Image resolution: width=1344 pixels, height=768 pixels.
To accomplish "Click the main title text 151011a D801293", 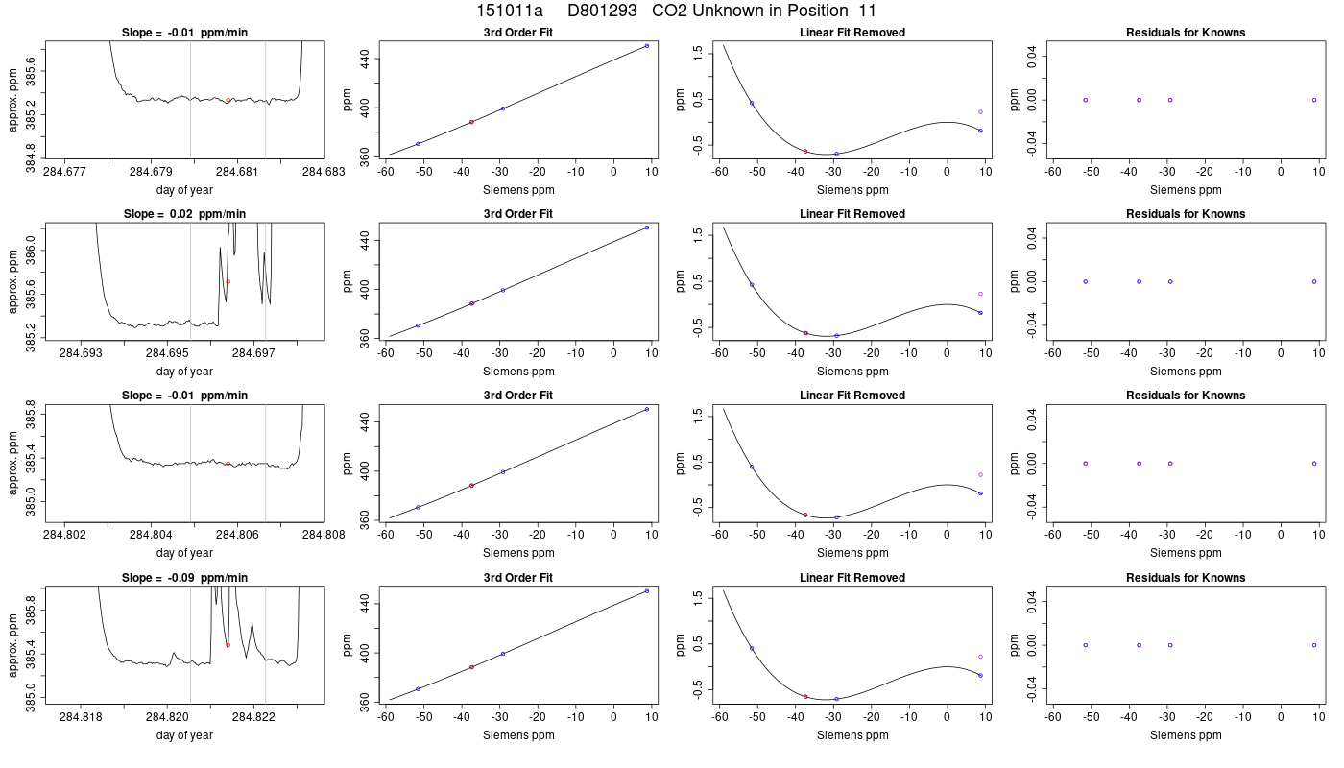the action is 556,11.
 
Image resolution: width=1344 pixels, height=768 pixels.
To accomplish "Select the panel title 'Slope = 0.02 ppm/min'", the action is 184,214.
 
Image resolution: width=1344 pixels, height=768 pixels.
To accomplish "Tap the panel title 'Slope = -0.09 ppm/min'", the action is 184,578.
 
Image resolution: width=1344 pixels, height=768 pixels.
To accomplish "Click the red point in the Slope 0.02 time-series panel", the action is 228,281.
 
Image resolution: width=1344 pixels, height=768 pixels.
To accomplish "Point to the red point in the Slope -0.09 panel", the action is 228,645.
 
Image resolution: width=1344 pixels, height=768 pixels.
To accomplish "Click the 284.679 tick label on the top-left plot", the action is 152,172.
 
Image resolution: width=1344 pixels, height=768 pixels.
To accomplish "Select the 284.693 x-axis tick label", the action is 81,353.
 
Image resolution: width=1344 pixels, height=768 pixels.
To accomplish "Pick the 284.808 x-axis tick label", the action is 324,535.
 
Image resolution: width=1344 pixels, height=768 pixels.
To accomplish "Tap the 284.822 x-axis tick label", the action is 253,717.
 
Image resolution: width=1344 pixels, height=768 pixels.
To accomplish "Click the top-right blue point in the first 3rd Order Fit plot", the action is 647,46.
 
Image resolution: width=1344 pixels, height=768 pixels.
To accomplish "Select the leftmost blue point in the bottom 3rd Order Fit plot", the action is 419,689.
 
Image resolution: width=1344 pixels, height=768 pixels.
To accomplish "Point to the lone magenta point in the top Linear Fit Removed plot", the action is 980,112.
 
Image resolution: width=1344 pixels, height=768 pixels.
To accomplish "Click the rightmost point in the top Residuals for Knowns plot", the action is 1314,100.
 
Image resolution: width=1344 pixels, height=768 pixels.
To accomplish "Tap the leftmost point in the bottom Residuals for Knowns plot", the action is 1086,645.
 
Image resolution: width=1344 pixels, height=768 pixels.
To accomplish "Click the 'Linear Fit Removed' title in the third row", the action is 852,396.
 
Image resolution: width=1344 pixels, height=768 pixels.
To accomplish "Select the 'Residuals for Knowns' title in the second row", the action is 1186,214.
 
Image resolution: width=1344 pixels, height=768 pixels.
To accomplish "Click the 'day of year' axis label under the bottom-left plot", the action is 184,735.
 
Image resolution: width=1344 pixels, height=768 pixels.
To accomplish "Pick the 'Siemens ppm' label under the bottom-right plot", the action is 1186,735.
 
